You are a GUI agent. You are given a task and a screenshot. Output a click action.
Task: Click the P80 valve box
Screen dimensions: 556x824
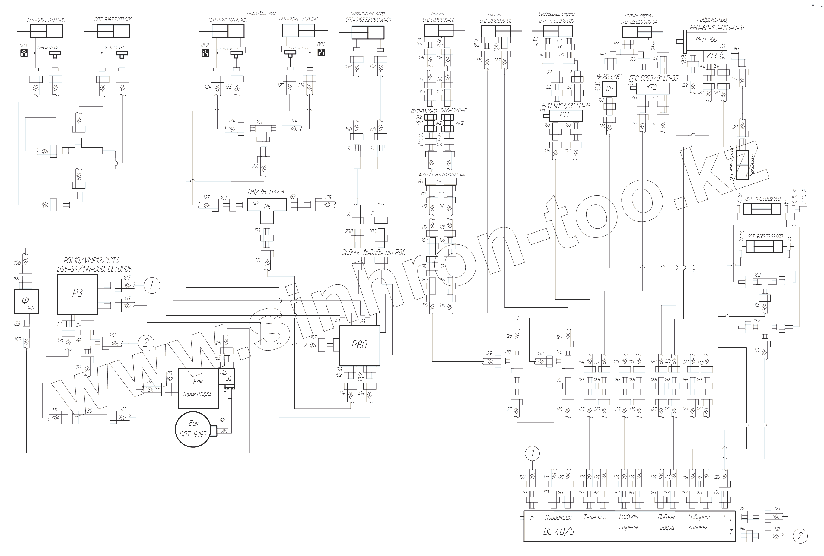[360, 346]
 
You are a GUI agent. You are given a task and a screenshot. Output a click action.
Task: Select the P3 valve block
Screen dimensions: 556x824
[77, 294]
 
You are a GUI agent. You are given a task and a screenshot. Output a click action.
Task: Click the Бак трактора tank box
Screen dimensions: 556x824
[198, 388]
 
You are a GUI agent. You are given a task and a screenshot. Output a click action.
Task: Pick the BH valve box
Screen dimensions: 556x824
[610, 89]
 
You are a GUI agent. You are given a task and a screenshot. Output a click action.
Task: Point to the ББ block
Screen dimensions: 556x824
[441, 182]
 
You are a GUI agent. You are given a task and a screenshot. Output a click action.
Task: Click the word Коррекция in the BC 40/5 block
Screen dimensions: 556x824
[558, 518]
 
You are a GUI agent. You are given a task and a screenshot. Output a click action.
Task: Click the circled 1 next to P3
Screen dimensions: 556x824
[152, 285]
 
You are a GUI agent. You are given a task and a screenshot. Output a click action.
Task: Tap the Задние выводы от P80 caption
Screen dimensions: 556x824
[373, 253]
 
